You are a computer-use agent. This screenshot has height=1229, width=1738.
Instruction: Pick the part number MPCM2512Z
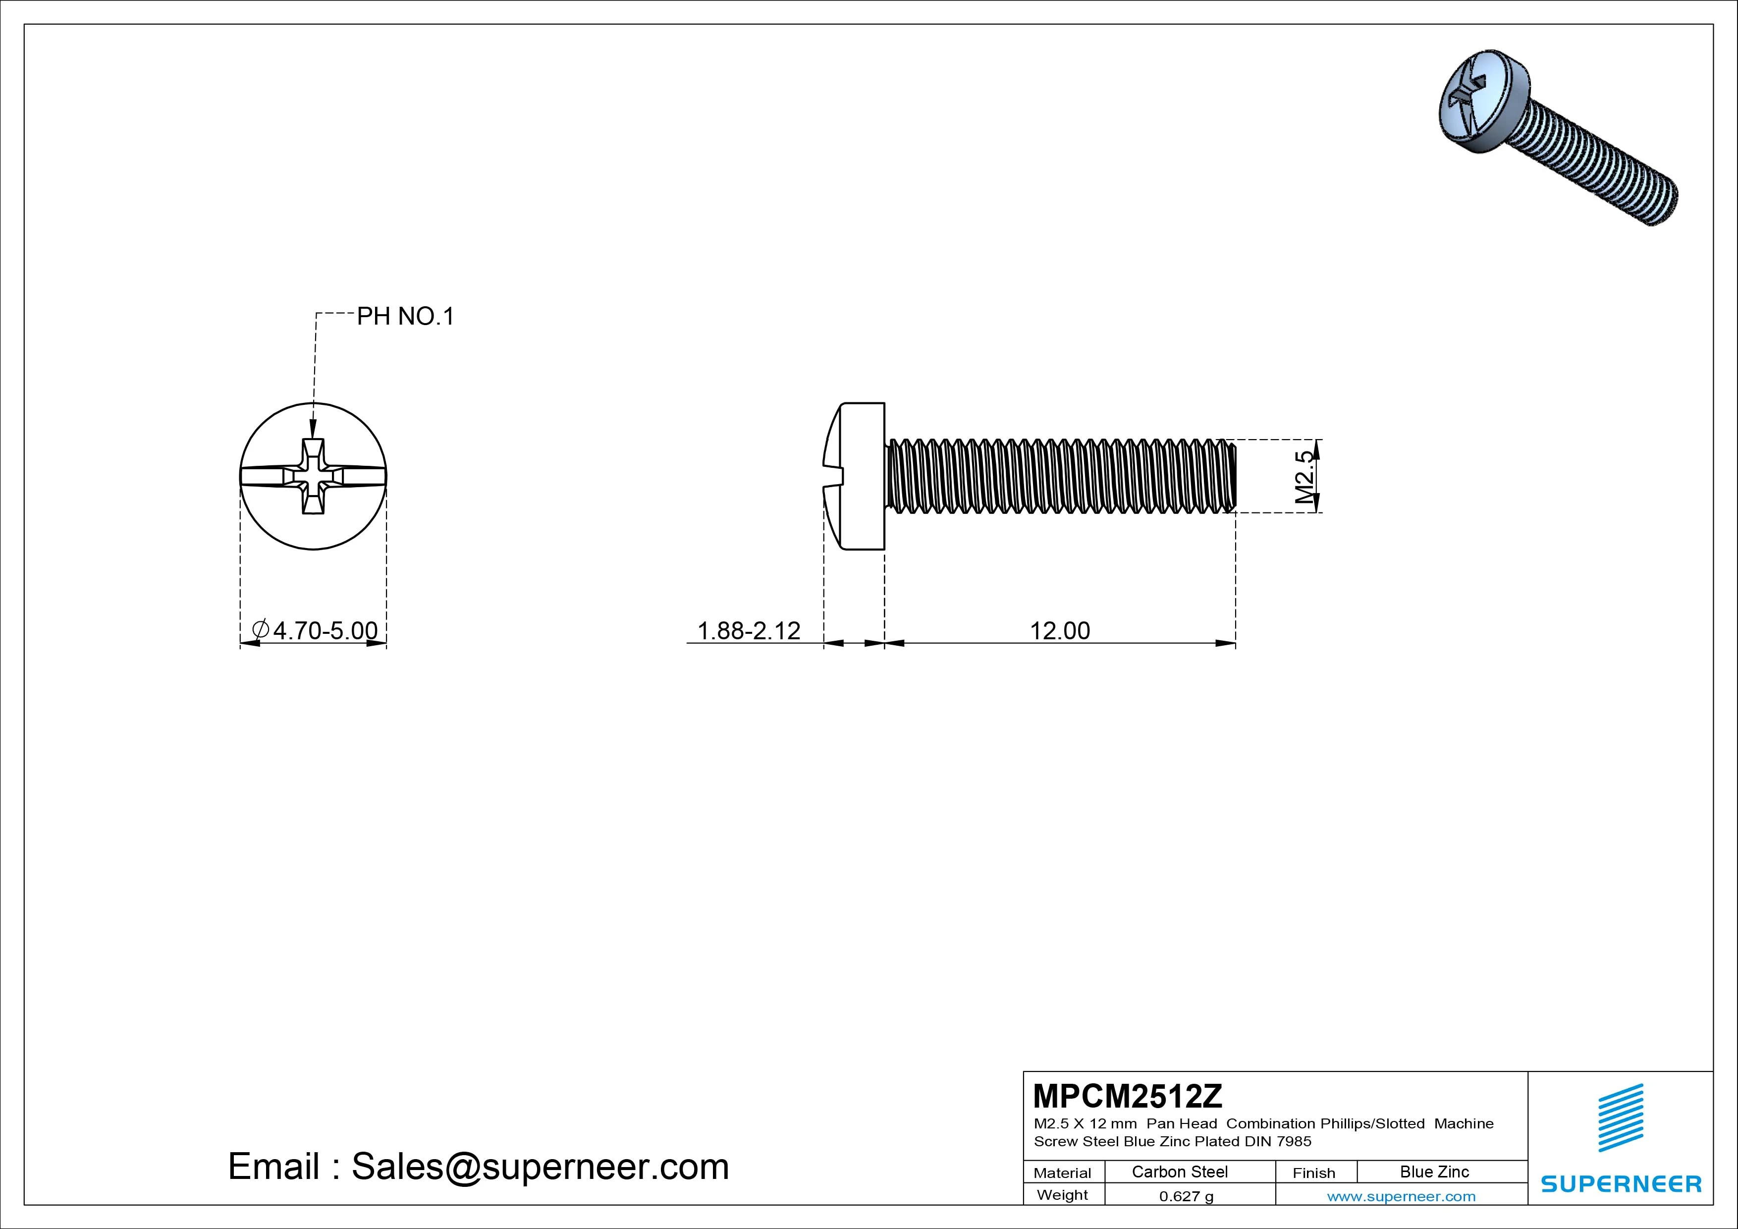(1127, 1096)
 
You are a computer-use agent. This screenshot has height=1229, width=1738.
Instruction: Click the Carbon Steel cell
(1179, 1172)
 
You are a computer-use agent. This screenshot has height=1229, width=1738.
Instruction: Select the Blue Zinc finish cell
(1434, 1172)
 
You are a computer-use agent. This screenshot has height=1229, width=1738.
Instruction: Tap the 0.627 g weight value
(1186, 1196)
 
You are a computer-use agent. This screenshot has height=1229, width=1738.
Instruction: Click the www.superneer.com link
(1401, 1196)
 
